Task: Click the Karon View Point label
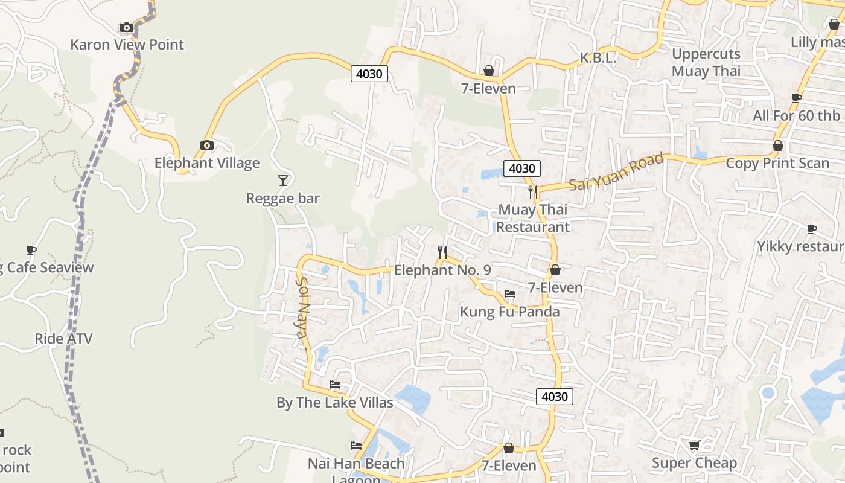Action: coord(127,45)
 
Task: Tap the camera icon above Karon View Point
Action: coord(126,27)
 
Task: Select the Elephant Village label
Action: coord(207,163)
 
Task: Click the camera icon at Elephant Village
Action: coord(207,145)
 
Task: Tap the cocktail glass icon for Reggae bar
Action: coord(282,180)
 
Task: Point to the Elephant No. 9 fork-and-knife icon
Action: coord(442,252)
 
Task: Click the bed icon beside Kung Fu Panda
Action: coord(510,294)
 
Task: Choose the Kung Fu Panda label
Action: coord(510,312)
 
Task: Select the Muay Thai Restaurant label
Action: coord(532,219)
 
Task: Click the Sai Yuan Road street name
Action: coord(616,172)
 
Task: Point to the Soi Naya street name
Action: coord(302,312)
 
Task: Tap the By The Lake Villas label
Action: coord(335,403)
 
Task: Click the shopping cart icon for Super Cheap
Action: coord(694,446)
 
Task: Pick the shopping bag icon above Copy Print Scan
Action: coord(778,146)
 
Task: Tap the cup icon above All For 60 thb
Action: coord(797,98)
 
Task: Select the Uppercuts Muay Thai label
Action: coord(706,62)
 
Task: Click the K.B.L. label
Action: coord(598,58)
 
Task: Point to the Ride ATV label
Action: coord(63,339)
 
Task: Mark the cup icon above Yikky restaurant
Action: coord(812,229)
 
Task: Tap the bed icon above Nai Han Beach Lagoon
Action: coord(356,446)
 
